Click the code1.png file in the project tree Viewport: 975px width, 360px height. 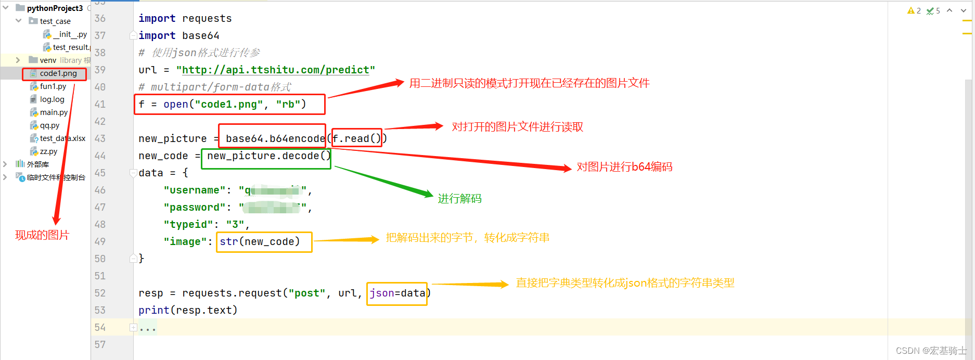coord(58,73)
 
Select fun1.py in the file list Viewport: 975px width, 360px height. coord(53,86)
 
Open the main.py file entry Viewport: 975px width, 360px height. coord(54,112)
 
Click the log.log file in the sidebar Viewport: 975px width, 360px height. coord(52,99)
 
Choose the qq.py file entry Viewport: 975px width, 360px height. coord(49,125)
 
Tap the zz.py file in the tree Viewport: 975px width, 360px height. coord(48,151)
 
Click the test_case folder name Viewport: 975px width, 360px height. coord(55,21)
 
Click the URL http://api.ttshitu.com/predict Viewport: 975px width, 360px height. coord(275,70)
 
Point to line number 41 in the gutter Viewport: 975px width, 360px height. coord(100,104)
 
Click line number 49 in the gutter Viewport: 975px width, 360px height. coord(100,241)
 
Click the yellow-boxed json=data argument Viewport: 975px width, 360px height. coord(397,293)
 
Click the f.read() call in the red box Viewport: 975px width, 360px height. coord(357,138)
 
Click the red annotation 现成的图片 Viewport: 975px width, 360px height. coord(42,235)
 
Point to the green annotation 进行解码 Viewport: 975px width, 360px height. coord(459,198)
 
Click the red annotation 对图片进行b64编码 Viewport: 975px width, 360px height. coord(624,167)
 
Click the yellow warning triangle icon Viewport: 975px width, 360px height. coord(910,10)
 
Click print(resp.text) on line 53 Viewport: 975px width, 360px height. coord(188,310)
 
